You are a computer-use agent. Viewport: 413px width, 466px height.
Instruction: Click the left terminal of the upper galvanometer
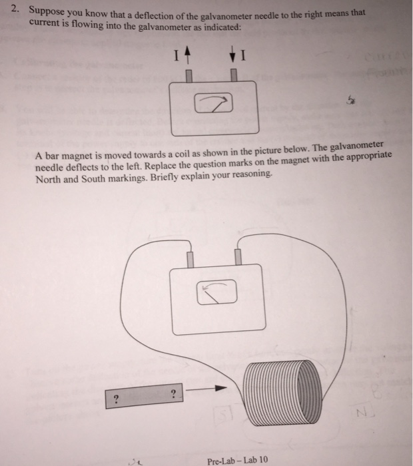(189, 75)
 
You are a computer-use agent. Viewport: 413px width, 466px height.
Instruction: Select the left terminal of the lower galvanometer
(192, 258)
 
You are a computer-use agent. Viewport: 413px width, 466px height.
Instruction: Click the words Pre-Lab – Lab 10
(237, 459)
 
